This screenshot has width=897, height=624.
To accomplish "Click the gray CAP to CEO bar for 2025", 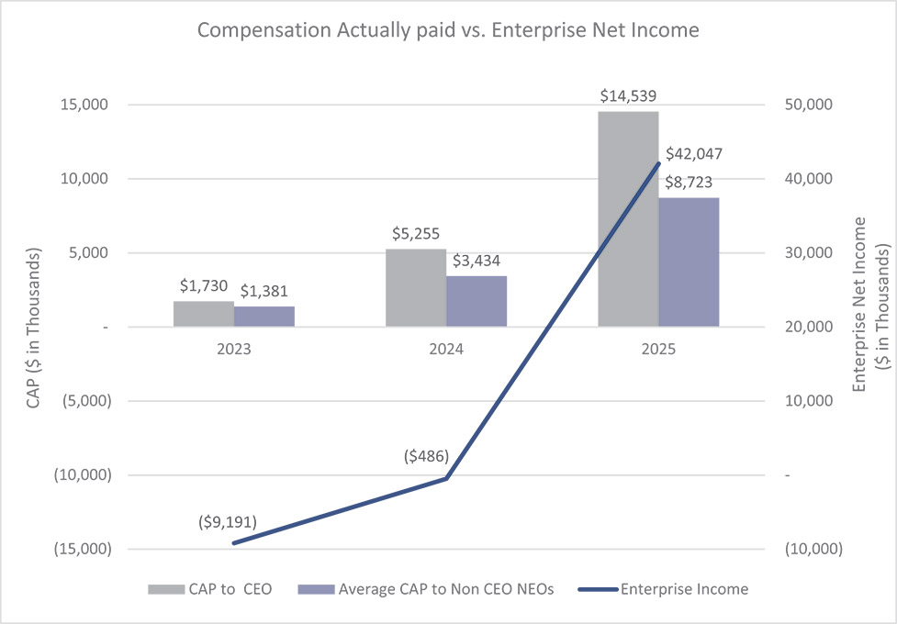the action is tap(628, 219).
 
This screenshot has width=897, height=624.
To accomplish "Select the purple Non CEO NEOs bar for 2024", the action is tap(477, 301).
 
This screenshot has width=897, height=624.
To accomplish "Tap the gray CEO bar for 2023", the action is tap(204, 314).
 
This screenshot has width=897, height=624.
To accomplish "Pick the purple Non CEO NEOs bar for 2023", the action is tap(264, 317).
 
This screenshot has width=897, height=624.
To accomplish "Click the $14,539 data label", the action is tap(628, 95).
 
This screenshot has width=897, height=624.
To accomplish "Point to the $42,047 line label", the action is tap(694, 154).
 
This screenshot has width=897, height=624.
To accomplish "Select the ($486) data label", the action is tap(426, 456).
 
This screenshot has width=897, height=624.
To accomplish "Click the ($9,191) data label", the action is tap(228, 521).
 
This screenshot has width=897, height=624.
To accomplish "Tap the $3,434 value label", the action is tap(477, 261).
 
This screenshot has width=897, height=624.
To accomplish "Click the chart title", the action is tap(448, 29).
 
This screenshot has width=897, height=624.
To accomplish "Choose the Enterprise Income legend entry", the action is tap(663, 589).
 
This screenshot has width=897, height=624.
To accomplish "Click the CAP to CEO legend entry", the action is tap(210, 589).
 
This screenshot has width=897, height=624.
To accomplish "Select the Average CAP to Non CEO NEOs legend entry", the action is tap(426, 589).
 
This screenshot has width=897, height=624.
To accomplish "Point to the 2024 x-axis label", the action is tap(446, 349).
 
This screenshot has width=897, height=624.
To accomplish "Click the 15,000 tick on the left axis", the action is tap(84, 106).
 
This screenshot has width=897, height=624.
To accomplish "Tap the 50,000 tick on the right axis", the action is tap(809, 106).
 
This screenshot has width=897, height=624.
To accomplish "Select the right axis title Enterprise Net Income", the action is tap(859, 305).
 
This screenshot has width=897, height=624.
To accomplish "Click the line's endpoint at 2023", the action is tap(234, 543).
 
